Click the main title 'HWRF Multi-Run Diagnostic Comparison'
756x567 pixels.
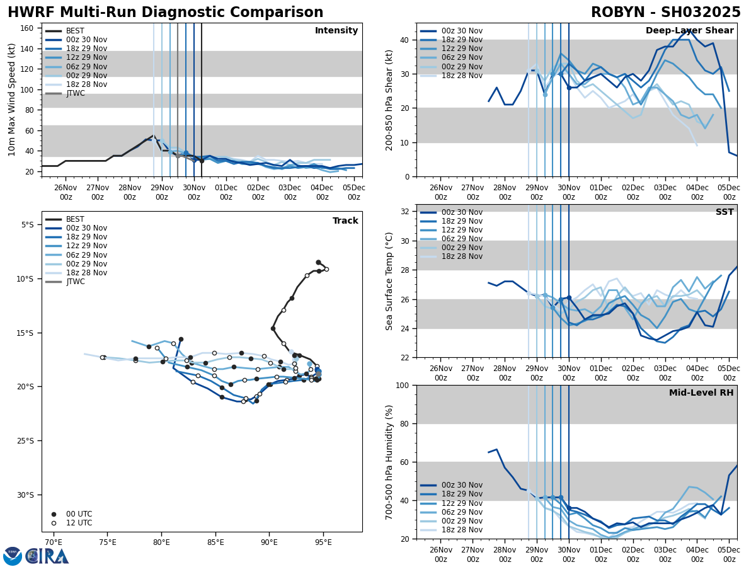pos(165,13)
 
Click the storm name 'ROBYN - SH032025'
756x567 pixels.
pos(665,13)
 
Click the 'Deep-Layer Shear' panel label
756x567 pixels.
pos(689,31)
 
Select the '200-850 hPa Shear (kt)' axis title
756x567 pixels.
pos(389,100)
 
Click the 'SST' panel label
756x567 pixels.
pos(724,212)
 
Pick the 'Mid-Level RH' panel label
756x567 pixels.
pos(701,393)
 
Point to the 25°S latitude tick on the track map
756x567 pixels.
pos(28,441)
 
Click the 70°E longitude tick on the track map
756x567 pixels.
pos(53,542)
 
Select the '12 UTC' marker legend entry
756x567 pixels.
pos(79,523)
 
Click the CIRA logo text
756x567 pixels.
pos(47,556)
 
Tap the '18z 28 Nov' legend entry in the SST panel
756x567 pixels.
pos(461,256)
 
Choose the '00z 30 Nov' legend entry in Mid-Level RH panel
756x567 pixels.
pos(461,485)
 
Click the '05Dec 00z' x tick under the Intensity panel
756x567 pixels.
pos(354,192)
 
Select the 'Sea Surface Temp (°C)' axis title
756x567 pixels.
pos(389,280)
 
